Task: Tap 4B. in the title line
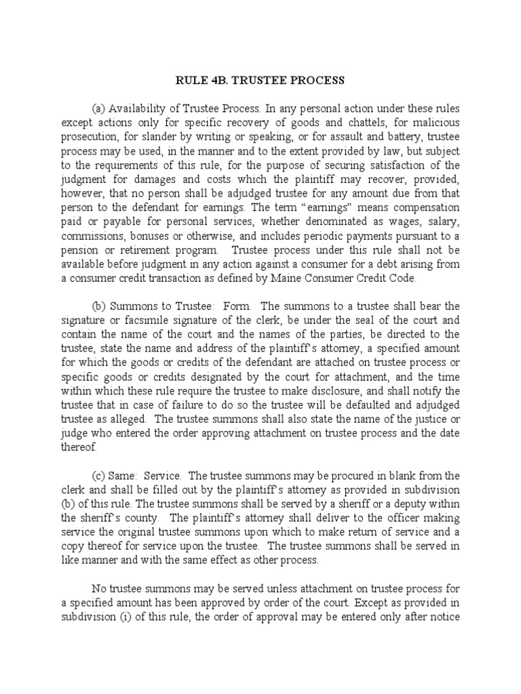coord(217,81)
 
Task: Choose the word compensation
coord(427,207)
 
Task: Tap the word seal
coord(363,320)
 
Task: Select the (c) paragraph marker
coord(99,475)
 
